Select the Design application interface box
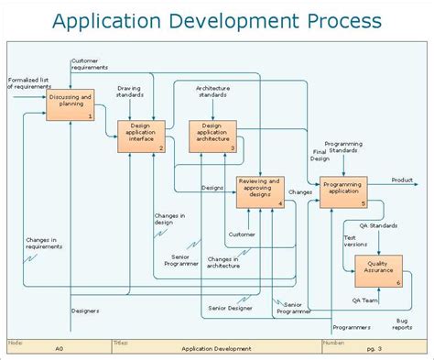coord(141,136)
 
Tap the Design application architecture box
coord(212,135)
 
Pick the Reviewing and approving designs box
coord(260,191)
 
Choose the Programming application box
coord(342,191)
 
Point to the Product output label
coord(402,180)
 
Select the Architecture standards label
coord(212,92)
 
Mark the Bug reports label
coord(402,324)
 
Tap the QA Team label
coord(364,300)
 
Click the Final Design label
coord(320,155)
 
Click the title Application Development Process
coord(217,20)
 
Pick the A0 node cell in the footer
coord(59,349)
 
